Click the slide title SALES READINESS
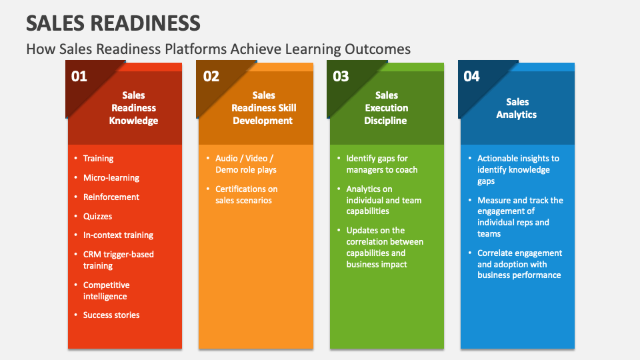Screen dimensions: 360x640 [113, 23]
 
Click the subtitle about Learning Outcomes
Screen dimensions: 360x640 [218, 49]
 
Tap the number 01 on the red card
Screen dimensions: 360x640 [79, 76]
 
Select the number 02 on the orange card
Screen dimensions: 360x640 [211, 76]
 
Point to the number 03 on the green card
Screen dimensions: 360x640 [341, 76]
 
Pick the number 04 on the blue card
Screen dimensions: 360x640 [471, 76]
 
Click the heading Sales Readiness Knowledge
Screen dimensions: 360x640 [133, 108]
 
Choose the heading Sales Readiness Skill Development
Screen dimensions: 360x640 [263, 108]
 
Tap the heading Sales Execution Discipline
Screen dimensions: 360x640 [386, 108]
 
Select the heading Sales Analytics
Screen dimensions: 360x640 [517, 108]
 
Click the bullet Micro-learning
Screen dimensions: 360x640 [111, 178]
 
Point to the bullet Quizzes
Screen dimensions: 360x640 [97, 216]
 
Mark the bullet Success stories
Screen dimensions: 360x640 [111, 315]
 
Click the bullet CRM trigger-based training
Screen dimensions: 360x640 [117, 260]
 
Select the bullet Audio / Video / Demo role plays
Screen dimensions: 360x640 [244, 164]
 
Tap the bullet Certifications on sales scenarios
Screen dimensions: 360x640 [245, 195]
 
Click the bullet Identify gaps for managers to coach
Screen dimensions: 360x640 [381, 164]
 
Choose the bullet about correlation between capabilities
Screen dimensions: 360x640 [384, 247]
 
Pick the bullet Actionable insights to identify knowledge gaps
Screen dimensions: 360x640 [517, 169]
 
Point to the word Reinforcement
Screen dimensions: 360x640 [111, 197]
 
